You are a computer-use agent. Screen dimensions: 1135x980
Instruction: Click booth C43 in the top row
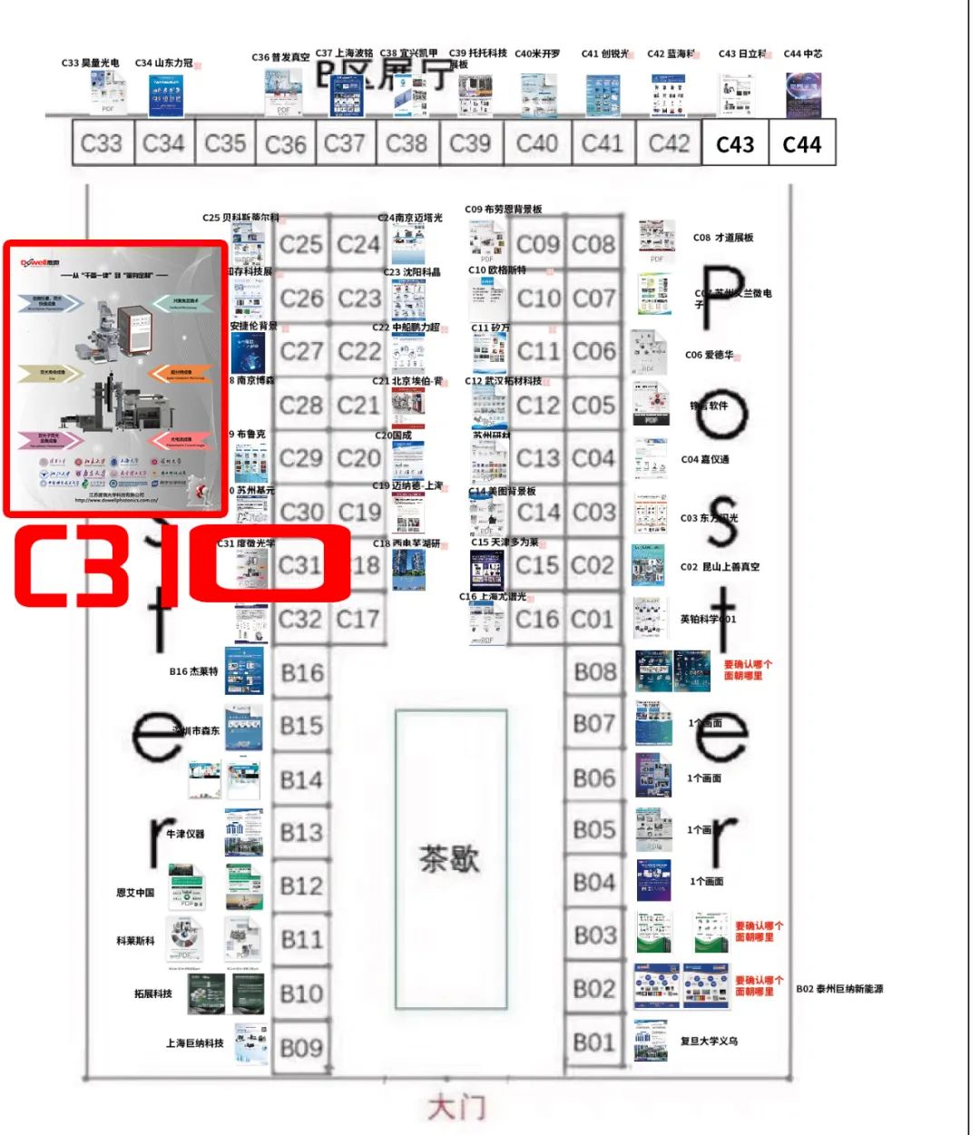(x=735, y=144)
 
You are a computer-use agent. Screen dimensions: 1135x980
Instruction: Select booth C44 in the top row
(x=802, y=144)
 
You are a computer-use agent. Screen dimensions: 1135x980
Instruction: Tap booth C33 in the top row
(x=102, y=143)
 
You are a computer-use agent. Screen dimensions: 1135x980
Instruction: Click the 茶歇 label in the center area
(x=449, y=858)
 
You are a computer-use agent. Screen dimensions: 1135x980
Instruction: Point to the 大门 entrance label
(x=456, y=1108)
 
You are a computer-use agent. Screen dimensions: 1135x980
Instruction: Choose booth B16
(x=301, y=673)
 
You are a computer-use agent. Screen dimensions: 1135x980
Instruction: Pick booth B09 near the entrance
(x=301, y=1048)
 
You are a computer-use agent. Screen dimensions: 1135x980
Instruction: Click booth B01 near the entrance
(x=594, y=1042)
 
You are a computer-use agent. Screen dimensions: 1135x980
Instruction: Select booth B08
(x=595, y=672)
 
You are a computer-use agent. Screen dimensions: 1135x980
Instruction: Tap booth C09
(x=538, y=244)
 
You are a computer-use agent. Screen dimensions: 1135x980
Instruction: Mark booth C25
(x=301, y=244)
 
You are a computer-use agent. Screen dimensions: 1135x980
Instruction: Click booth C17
(x=358, y=620)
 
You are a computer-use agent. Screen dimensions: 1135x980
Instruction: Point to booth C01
(x=593, y=620)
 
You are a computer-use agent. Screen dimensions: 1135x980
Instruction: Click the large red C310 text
(x=181, y=564)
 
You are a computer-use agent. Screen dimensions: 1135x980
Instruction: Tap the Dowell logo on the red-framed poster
(x=40, y=263)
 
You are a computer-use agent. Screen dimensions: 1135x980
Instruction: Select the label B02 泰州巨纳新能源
(x=839, y=989)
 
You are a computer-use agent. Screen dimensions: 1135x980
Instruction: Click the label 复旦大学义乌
(x=709, y=1041)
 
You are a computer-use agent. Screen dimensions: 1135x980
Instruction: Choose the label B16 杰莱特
(x=193, y=671)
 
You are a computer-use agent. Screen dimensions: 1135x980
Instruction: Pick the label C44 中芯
(x=803, y=54)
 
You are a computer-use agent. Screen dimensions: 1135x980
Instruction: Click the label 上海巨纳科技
(x=194, y=1043)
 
